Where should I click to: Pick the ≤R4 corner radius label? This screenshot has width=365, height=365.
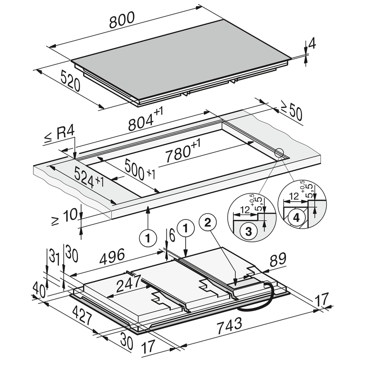coord(62,136)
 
